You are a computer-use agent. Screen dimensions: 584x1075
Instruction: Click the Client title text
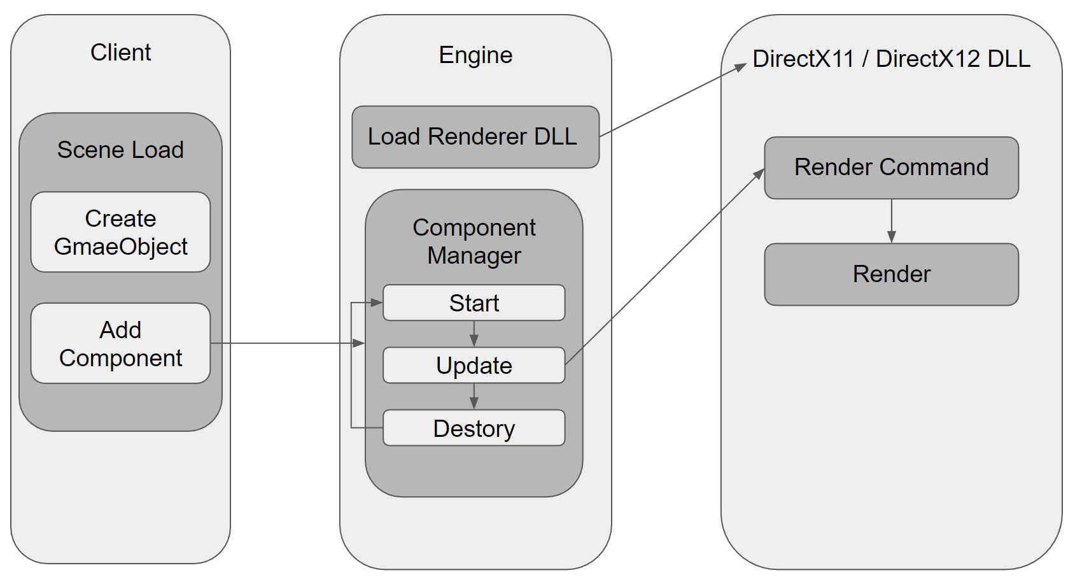pos(120,52)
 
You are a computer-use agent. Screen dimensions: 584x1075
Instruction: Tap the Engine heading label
pos(475,55)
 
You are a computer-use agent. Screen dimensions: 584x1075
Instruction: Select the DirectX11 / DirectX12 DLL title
pos(891,59)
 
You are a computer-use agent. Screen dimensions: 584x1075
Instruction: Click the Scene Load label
pos(120,150)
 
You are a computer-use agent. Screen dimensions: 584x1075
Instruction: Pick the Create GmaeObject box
pos(120,232)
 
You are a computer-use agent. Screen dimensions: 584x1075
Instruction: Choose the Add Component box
pos(120,344)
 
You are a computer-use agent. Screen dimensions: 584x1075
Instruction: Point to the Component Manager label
pos(474,241)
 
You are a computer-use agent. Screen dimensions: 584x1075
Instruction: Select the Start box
pos(474,303)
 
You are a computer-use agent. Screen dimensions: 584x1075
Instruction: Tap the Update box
pos(474,366)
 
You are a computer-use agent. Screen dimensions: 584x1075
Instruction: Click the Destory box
pos(474,429)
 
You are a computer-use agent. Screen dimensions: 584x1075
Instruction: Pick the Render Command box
pos(891,167)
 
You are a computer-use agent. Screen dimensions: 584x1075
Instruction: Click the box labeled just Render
pos(891,274)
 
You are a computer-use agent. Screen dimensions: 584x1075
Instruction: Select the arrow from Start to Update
pos(474,333)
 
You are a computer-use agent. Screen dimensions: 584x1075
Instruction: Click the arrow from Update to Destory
pos(474,395)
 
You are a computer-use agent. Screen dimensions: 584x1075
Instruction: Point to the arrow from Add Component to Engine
pos(286,343)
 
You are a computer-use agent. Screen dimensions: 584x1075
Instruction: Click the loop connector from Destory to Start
pos(351,366)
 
